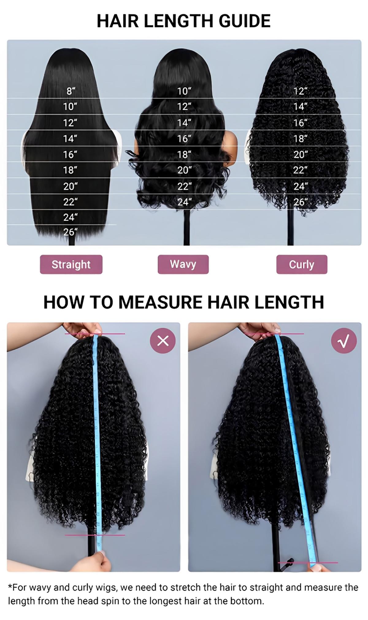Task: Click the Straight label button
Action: point(71,264)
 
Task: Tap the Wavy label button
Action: point(183,264)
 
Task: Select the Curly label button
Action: point(301,264)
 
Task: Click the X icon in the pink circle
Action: point(163,341)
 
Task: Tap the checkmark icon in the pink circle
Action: point(344,341)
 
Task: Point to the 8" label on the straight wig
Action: point(71,91)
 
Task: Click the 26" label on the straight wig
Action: point(70,232)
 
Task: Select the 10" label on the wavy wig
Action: point(184,91)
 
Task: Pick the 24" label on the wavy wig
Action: point(184,202)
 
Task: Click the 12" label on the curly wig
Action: point(300,91)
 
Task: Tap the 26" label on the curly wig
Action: point(300,202)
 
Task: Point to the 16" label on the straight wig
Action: point(70,154)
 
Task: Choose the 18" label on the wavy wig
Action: point(184,154)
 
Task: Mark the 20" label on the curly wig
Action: point(300,154)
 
